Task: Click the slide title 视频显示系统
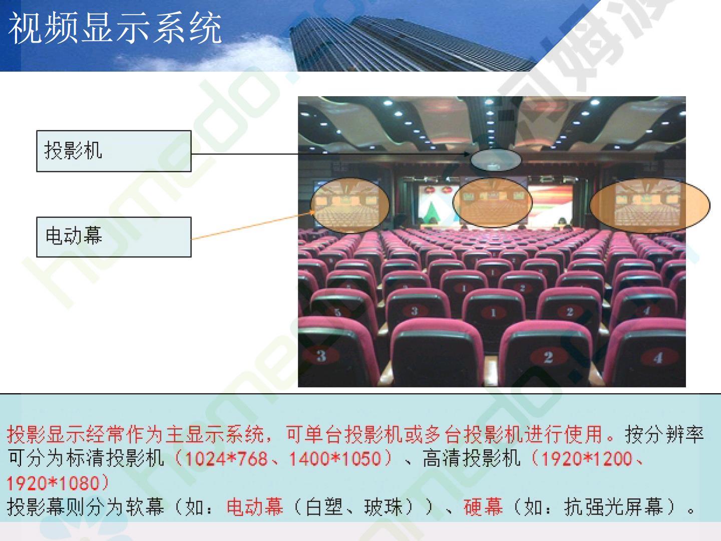tap(115, 28)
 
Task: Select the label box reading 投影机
tap(114, 151)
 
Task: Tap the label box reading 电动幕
tap(114, 237)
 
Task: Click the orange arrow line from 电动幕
tap(253, 225)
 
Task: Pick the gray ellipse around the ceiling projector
tap(495, 160)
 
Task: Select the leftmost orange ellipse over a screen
tap(350, 205)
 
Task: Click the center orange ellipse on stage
tap(492, 202)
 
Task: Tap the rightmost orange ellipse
tap(650, 205)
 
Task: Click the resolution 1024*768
tap(226, 458)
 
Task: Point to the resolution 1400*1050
tap(335, 458)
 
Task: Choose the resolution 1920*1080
tap(53, 483)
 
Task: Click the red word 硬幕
tap(483, 507)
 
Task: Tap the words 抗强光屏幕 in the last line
tap(613, 507)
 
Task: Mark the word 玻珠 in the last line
tap(384, 507)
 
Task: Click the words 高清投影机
tap(472, 458)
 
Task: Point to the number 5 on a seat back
tap(337, 312)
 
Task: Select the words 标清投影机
tap(115, 458)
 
